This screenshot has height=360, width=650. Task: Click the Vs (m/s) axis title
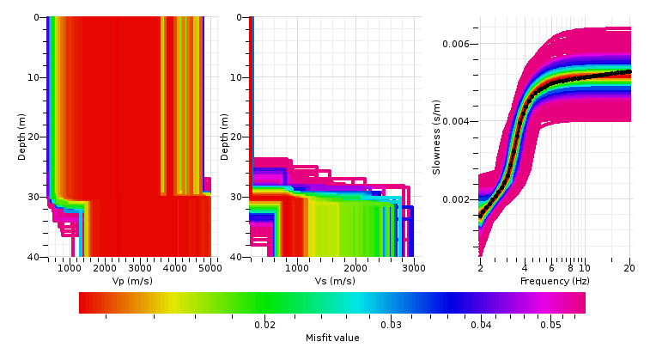331,281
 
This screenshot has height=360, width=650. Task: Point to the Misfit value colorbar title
332,338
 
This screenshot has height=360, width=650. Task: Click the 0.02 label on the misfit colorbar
264,324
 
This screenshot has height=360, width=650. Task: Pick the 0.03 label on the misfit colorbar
392,324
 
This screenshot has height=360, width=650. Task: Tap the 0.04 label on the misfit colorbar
481,324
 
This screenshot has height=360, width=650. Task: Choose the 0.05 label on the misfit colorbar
550,324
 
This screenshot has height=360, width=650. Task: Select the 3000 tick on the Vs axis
413,268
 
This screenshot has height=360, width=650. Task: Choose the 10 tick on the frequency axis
584,268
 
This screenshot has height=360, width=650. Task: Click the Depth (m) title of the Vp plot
23,137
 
